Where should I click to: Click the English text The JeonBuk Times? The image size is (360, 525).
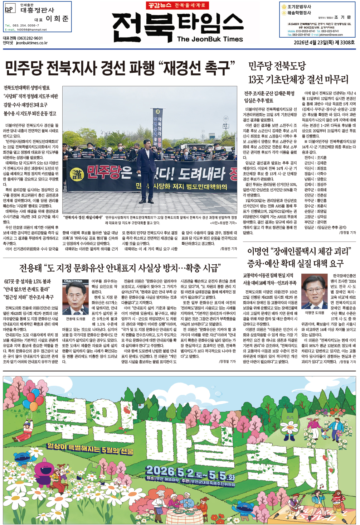click(x=210, y=39)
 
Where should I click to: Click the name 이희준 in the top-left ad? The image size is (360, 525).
click(x=57, y=19)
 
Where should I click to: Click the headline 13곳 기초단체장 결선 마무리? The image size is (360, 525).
click(x=298, y=80)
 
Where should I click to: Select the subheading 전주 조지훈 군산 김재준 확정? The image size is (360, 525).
click(x=269, y=93)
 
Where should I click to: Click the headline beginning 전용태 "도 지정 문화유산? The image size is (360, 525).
click(x=120, y=268)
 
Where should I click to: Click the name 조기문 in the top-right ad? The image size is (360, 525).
click(x=342, y=17)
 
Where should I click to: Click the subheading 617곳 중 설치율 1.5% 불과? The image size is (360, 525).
click(x=28, y=281)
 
